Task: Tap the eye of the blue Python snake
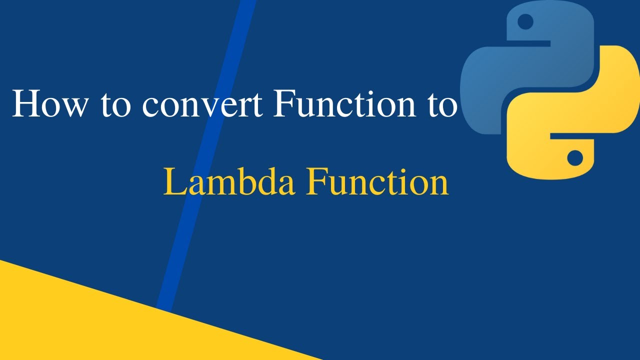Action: tap(525, 21)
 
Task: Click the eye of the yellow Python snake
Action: tap(575, 157)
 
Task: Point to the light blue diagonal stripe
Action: tap(200, 165)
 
